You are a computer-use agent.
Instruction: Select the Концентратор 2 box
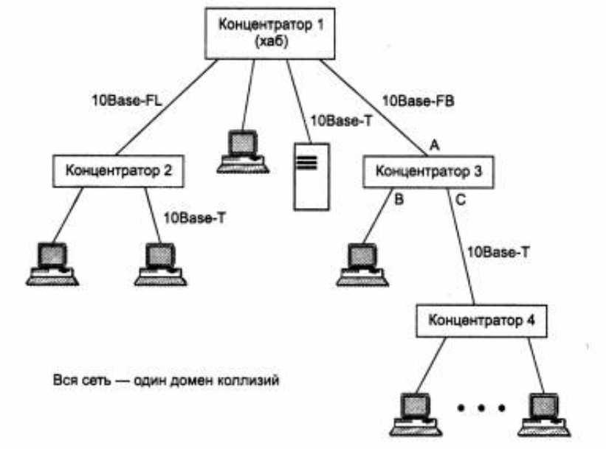(117, 170)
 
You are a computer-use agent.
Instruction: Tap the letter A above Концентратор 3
(434, 147)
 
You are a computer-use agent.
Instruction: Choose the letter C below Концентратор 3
(461, 198)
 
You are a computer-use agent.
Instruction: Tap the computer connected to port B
(361, 262)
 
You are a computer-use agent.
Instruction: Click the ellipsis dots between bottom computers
(481, 406)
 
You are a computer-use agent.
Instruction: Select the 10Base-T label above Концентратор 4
(497, 253)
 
